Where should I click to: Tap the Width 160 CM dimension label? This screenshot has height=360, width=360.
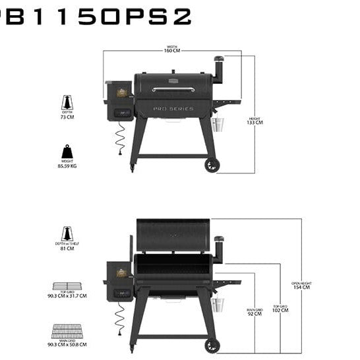[x=173, y=49]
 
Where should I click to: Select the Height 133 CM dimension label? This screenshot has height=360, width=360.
[x=255, y=121]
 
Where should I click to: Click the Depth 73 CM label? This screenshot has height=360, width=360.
[x=67, y=115]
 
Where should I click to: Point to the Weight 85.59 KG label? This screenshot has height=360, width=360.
[x=67, y=164]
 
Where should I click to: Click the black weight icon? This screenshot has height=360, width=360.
[x=67, y=152]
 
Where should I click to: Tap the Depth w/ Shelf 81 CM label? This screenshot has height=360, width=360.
[x=67, y=246]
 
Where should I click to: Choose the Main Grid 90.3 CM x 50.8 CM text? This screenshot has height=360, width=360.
[x=69, y=344]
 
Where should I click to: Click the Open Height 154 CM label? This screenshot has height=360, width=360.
[x=301, y=286]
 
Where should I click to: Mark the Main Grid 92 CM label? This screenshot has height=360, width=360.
[x=255, y=312]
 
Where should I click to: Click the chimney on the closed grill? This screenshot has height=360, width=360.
[x=218, y=69]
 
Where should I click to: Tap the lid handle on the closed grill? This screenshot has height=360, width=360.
[x=173, y=89]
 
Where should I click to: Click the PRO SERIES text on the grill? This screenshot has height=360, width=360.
[x=173, y=109]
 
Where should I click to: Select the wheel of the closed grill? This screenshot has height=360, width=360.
[x=212, y=165]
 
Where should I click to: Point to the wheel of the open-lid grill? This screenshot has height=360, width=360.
[x=212, y=345]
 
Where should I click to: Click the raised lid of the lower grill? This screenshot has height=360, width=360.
[x=173, y=235]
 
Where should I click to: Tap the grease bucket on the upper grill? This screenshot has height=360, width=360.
[x=219, y=125]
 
